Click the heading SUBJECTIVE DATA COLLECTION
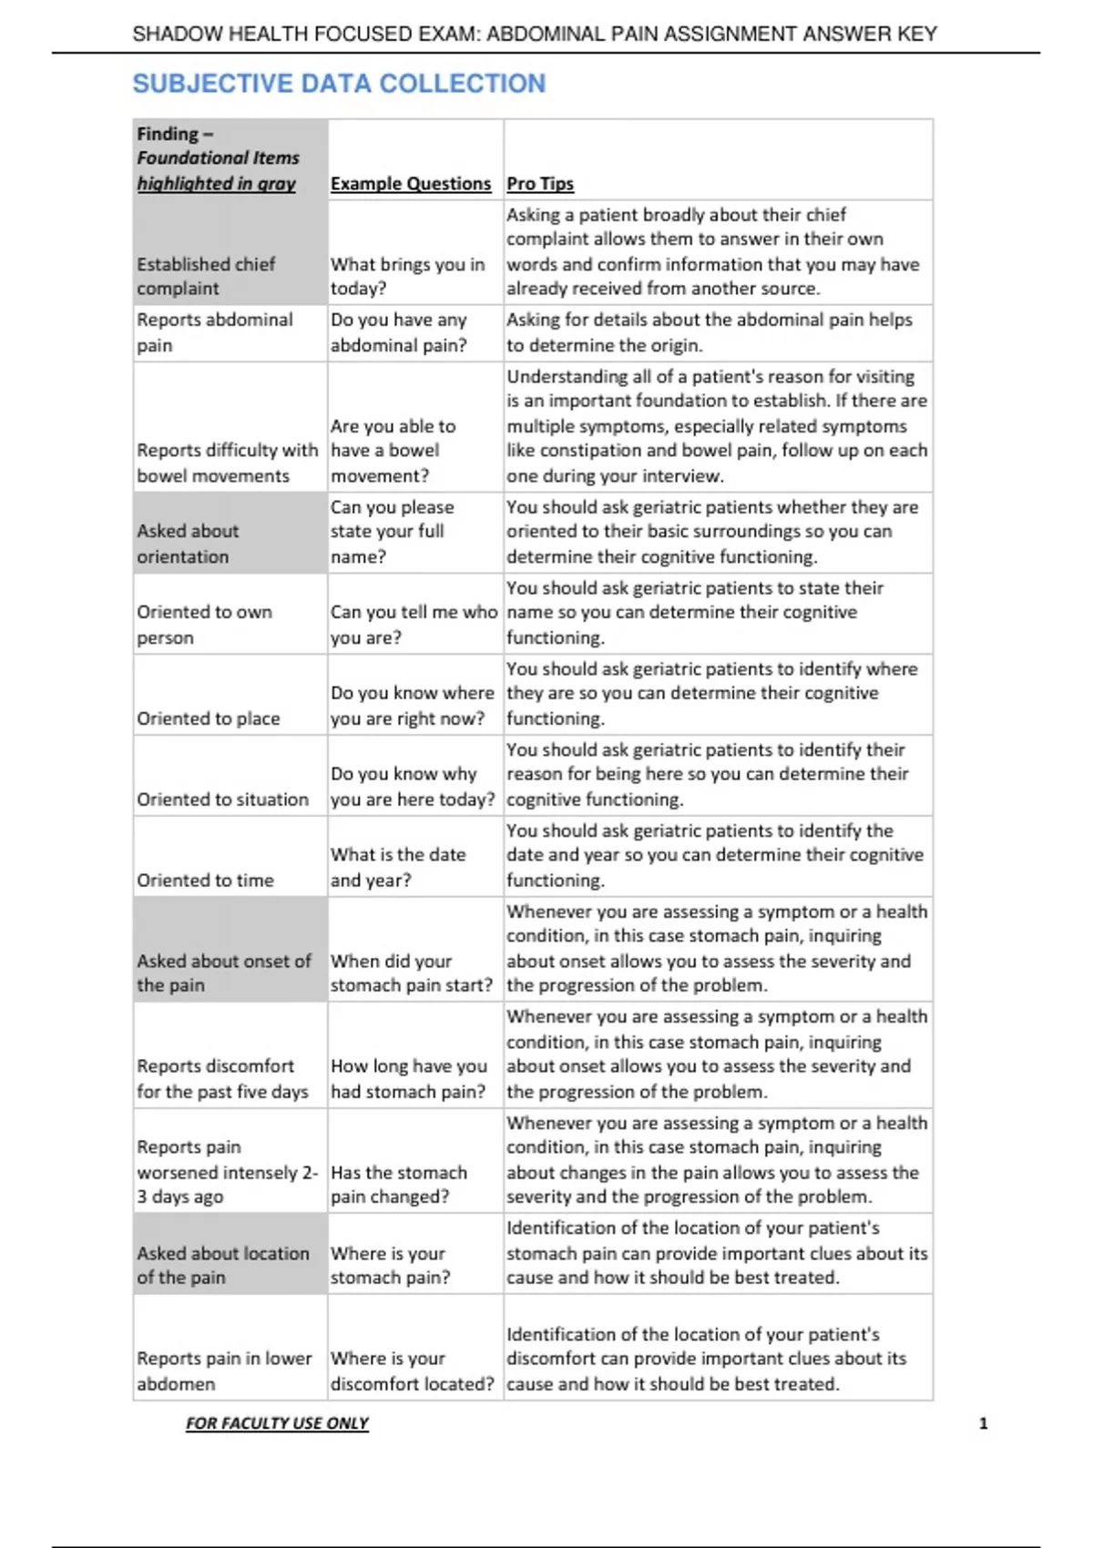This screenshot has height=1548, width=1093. [x=339, y=84]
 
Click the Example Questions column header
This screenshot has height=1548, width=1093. [x=410, y=183]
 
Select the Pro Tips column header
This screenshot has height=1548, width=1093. [x=539, y=183]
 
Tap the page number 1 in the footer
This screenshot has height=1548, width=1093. [x=983, y=1423]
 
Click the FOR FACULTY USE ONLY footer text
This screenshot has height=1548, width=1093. [x=277, y=1423]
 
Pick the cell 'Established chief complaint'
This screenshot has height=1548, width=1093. [x=206, y=276]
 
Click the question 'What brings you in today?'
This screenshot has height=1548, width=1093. [x=407, y=276]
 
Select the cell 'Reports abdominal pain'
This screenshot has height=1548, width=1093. [x=215, y=332]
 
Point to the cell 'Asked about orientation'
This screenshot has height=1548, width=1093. [x=188, y=544]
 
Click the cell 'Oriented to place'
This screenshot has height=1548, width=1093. [x=209, y=718]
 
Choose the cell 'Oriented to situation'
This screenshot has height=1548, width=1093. [x=223, y=799]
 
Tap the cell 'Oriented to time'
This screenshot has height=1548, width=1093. [x=205, y=881]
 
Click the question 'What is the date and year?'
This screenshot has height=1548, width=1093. [x=398, y=867]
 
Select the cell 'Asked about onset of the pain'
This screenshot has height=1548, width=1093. [x=224, y=973]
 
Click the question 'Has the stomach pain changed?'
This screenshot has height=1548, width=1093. [x=399, y=1185]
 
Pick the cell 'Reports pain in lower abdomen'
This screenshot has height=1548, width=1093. [x=224, y=1370]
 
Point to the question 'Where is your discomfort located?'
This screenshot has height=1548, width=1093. [x=412, y=1370]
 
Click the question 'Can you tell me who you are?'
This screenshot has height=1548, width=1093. [x=414, y=625]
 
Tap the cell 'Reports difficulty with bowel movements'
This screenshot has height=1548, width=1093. [x=227, y=463]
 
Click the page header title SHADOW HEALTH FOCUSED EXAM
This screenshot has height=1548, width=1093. [x=535, y=35]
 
